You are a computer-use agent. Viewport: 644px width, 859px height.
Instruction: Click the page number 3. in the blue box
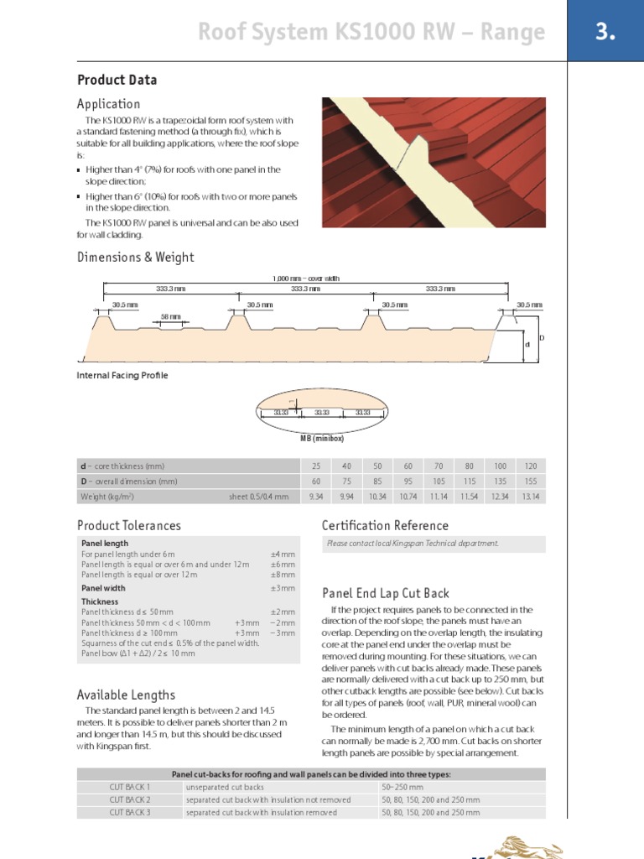point(605,33)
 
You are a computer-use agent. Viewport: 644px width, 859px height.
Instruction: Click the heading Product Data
point(117,81)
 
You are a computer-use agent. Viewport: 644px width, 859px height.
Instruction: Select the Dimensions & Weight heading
point(135,258)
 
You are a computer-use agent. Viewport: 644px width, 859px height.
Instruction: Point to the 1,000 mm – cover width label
point(306,279)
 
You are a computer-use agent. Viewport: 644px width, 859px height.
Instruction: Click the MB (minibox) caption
point(322,438)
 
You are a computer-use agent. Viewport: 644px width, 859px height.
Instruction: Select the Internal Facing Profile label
point(122,376)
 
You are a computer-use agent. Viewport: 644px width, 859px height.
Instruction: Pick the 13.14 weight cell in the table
point(530,497)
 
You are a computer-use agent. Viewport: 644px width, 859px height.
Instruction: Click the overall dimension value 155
point(530,482)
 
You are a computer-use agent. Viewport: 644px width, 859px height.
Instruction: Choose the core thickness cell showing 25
point(315,466)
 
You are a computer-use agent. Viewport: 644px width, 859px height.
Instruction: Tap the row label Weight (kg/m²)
point(107,497)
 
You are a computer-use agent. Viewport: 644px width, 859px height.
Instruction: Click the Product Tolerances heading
point(128,526)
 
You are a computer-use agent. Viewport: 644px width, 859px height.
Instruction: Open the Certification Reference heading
point(385,526)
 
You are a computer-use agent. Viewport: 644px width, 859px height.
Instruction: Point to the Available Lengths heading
point(126,695)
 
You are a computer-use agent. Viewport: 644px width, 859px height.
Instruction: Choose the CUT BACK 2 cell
point(130,800)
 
